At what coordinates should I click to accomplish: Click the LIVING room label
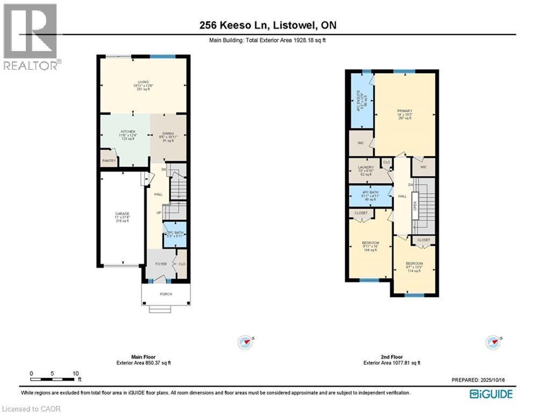[x=142, y=82]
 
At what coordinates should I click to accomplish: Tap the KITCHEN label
[x=127, y=131]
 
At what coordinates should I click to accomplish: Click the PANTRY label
[x=109, y=160]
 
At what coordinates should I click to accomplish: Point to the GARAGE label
[x=122, y=213]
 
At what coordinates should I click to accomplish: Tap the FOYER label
[x=160, y=264]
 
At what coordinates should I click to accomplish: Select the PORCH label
[x=166, y=294]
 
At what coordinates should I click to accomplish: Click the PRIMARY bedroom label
[x=404, y=111]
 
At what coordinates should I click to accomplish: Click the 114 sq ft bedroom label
[x=414, y=264]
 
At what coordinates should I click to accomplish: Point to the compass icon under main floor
[x=245, y=341]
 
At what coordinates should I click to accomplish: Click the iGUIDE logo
[x=491, y=394]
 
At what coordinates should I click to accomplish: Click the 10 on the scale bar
[x=76, y=373]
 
